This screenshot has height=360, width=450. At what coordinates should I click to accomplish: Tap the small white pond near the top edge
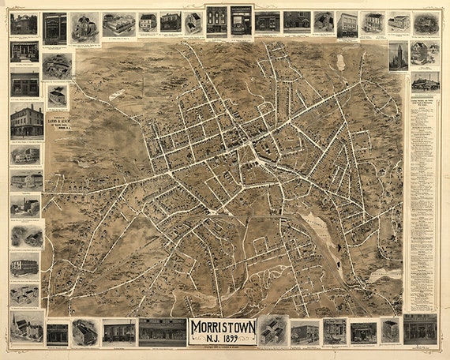point(340,61)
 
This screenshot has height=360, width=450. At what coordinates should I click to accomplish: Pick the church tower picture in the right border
point(399,56)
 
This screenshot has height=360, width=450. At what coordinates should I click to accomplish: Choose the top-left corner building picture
point(24,24)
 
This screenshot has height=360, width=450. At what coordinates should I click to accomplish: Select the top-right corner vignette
point(426,23)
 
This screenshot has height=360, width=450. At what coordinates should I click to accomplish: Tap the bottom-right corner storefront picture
point(420,328)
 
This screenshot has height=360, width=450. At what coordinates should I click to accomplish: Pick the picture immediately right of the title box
point(272,330)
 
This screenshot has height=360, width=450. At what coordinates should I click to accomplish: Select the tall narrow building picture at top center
point(216,21)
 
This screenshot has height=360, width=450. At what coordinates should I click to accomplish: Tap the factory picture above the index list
point(425,81)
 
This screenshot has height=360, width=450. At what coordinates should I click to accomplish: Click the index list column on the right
point(422,197)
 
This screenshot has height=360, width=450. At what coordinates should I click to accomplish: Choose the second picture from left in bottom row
point(57,332)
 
